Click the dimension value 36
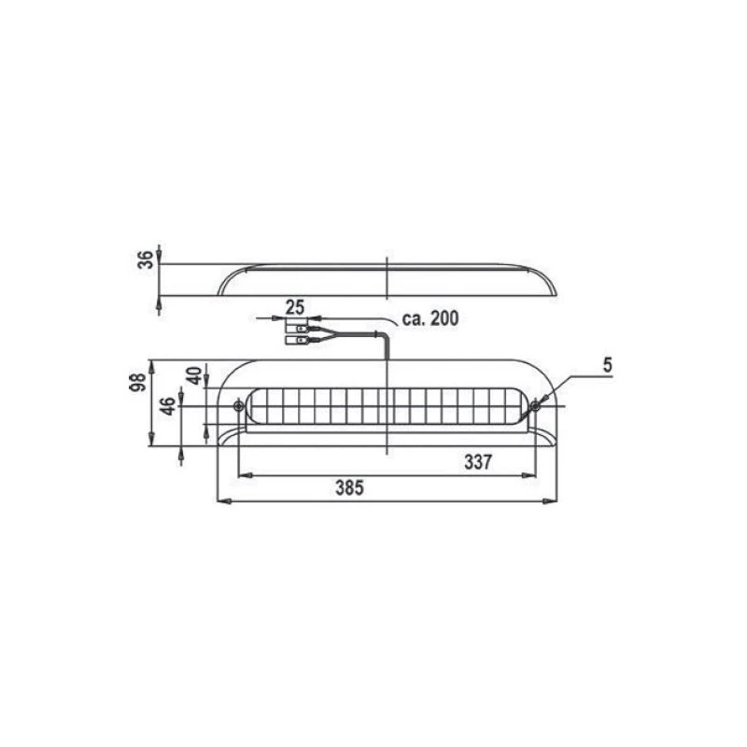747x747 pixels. (145, 260)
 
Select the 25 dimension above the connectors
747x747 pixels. (295, 306)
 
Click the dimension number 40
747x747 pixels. (194, 375)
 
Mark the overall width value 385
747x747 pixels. (346, 487)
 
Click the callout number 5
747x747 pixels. (607, 365)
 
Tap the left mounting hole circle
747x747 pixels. (239, 406)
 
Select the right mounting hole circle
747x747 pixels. (536, 405)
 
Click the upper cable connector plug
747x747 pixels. (301, 329)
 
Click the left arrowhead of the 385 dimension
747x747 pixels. (221, 501)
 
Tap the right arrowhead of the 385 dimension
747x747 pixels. (552, 501)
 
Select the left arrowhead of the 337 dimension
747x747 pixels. (244, 475)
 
